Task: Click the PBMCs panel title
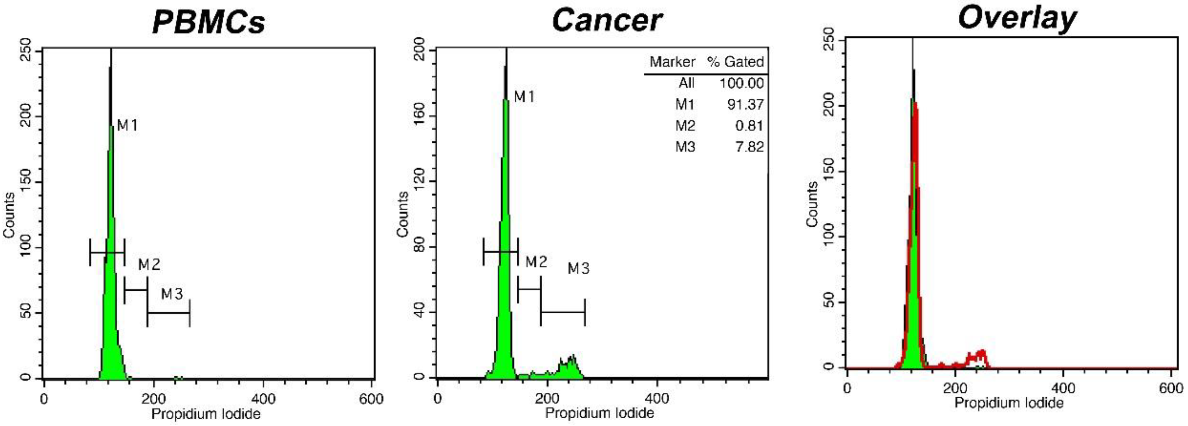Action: coord(208,22)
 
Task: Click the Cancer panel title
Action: coord(607,21)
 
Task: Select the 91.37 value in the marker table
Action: coord(745,105)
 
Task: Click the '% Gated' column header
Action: coord(735,62)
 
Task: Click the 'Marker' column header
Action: coord(672,62)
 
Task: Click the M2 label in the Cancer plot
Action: coord(536,262)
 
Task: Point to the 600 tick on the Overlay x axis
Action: coord(1170,388)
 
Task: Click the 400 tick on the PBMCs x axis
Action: coord(263,398)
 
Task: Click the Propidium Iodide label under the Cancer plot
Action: coord(599,413)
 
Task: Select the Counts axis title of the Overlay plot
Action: coord(812,204)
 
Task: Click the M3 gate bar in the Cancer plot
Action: coord(563,312)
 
